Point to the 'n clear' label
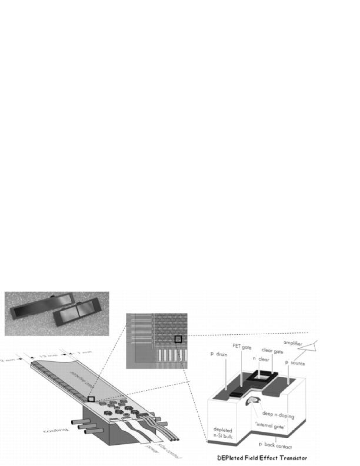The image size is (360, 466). [x=264, y=359]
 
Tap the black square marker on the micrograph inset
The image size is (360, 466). [x=178, y=339]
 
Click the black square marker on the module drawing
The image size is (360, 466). [x=91, y=399]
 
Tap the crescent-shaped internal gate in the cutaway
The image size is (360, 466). [x=252, y=402]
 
